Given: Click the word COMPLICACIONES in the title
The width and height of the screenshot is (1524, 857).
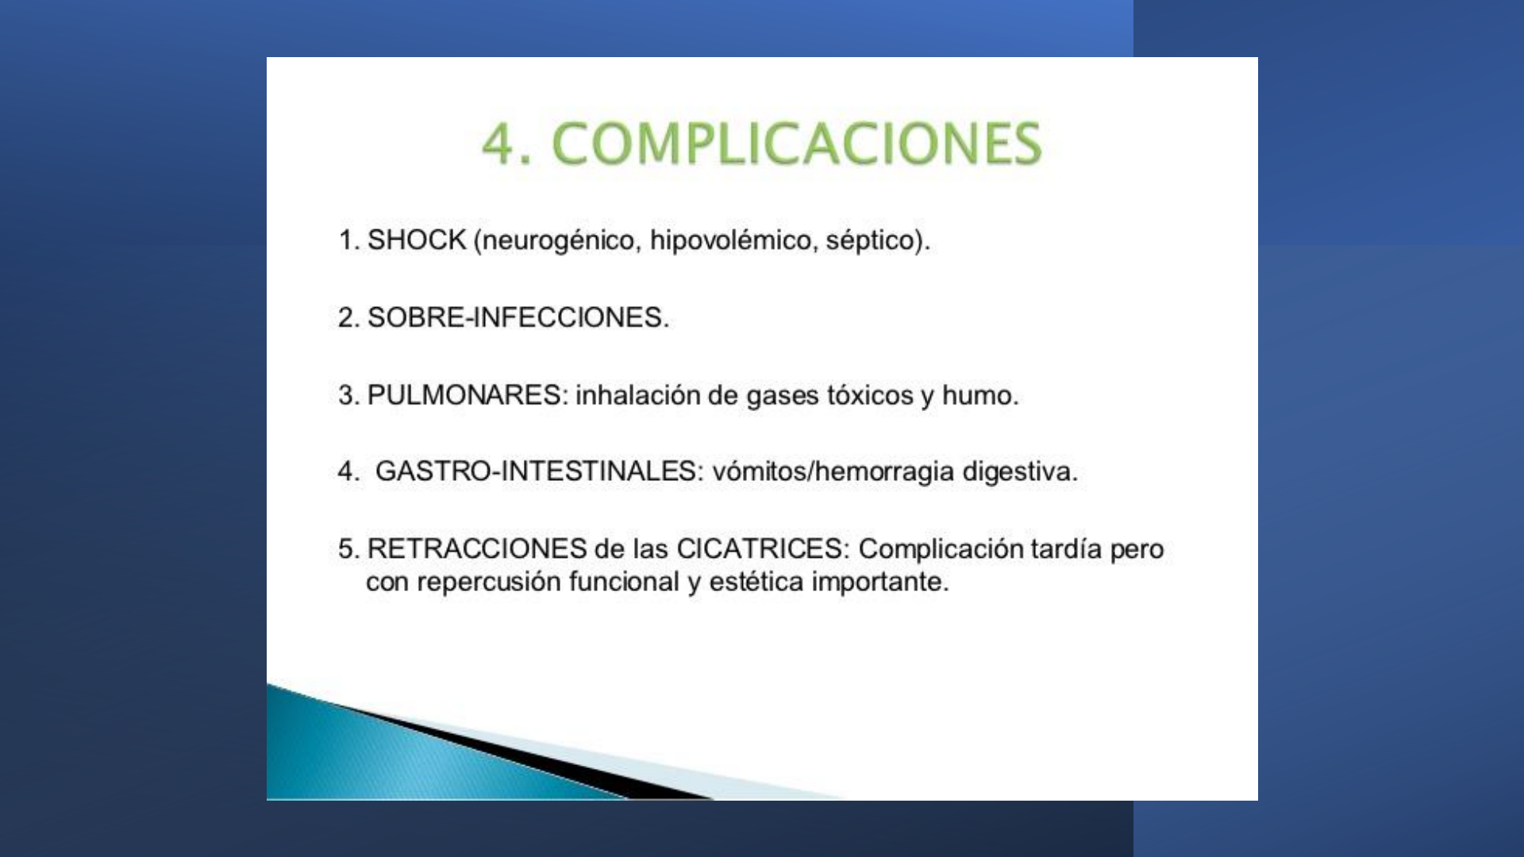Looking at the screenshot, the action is point(796,144).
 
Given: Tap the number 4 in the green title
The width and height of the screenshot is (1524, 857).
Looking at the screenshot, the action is point(498,144).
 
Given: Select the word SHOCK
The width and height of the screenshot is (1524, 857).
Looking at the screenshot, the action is point(417,240).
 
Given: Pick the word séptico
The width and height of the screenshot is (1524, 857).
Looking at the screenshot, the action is point(870,240).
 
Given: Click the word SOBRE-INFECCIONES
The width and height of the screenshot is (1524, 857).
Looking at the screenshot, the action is point(514,317).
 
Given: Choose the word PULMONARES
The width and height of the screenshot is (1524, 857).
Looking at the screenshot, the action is point(465,394).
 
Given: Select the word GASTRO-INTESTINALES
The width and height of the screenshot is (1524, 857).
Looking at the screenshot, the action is point(537,471).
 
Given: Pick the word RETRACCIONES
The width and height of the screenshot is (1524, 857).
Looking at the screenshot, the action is point(477,548).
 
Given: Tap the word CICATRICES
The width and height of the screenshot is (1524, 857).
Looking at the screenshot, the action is point(760,548).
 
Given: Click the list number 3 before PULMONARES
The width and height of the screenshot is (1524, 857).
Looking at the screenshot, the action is point(345,394).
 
